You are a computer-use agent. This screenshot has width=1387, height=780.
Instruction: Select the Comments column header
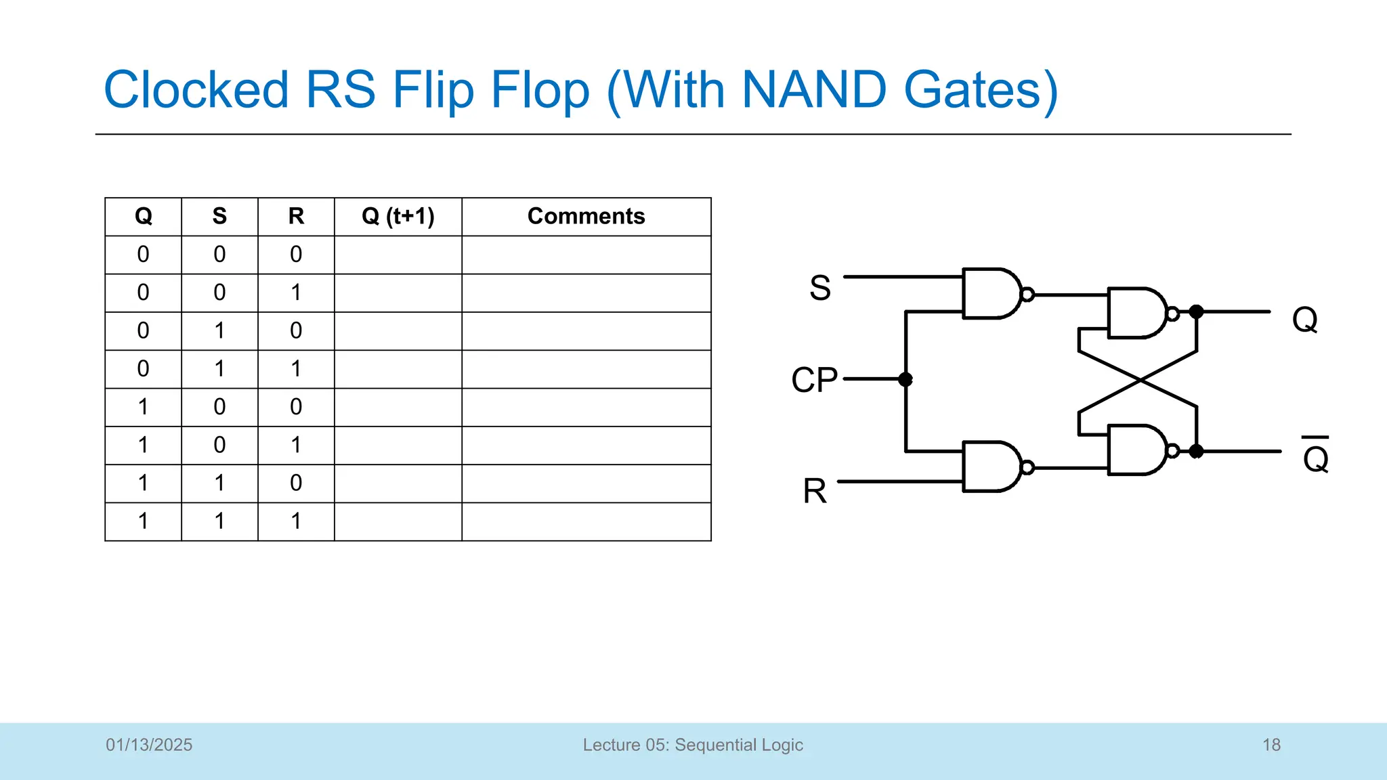click(586, 216)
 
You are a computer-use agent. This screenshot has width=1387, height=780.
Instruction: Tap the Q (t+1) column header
click(398, 216)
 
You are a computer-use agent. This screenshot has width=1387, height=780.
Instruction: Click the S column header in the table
click(219, 216)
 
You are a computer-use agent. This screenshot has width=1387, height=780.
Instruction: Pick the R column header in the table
click(296, 216)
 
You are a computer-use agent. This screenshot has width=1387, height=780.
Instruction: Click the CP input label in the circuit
click(814, 380)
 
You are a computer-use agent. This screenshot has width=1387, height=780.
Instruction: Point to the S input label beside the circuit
click(819, 288)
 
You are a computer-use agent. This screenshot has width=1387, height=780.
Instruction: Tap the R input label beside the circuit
click(815, 491)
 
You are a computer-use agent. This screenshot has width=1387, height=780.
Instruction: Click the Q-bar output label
click(1315, 457)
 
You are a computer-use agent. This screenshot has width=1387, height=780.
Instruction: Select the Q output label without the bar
click(1304, 319)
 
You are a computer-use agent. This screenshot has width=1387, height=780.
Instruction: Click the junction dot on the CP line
click(905, 379)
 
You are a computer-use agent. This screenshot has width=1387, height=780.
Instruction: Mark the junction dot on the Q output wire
click(1197, 311)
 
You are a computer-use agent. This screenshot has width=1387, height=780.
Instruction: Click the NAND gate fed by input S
click(991, 294)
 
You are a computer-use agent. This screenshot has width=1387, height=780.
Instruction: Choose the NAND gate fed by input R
click(991, 467)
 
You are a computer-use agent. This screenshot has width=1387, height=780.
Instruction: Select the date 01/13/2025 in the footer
click(149, 745)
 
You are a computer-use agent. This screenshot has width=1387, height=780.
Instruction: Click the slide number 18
click(1271, 745)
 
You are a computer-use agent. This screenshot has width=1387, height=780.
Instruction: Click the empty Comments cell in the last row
click(586, 521)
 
